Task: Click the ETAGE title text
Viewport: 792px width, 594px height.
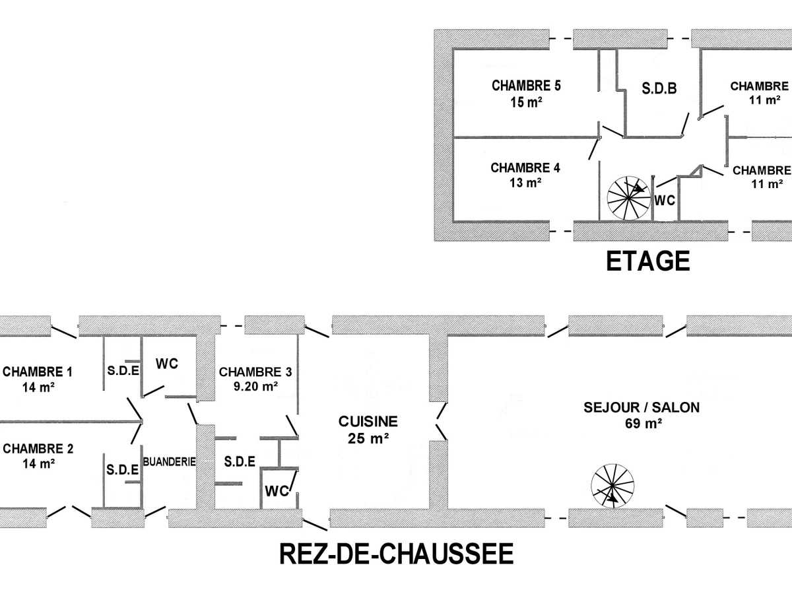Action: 647,261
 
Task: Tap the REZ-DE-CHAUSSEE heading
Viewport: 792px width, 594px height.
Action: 396,553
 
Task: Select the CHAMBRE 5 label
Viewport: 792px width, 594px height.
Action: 526,86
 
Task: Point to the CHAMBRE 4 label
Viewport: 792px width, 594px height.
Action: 525,168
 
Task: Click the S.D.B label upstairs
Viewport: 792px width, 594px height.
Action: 659,88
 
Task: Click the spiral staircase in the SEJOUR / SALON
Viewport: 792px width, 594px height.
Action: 612,486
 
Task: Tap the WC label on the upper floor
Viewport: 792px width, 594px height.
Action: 665,201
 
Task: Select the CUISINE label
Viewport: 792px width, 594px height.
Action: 368,421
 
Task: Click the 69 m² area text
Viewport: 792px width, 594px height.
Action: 642,424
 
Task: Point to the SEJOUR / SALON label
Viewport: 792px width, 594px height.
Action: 642,407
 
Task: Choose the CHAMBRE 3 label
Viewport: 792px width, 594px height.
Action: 255,372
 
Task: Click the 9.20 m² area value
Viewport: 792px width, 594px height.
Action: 255,387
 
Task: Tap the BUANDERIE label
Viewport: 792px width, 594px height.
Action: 169,462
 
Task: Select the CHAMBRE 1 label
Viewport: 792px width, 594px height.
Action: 37,372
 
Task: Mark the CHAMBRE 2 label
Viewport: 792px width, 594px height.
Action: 38,449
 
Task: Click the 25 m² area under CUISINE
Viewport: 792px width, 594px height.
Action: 368,438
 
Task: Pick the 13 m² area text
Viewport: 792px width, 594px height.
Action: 525,183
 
